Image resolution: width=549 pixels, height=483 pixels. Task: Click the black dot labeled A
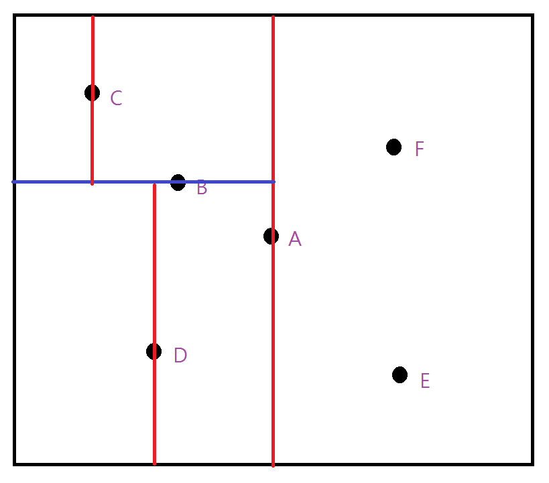[271, 236]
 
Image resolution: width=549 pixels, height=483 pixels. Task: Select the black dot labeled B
[178, 182]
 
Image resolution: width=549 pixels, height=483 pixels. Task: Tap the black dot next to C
[93, 92]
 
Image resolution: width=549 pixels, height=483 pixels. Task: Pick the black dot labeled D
[154, 351]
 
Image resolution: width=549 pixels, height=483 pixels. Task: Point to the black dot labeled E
[400, 374]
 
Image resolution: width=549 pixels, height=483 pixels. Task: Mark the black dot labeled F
[393, 147]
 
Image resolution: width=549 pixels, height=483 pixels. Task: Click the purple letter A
[295, 239]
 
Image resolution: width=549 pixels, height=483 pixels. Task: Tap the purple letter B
[202, 188]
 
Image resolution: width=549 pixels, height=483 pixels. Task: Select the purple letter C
[116, 99]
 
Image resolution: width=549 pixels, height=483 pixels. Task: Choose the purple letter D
[180, 356]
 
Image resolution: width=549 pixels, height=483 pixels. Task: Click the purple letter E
[424, 381]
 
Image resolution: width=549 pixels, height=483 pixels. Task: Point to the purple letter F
[419, 149]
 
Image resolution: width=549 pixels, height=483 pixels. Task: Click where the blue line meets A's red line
[273, 182]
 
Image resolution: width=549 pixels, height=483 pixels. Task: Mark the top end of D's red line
[154, 185]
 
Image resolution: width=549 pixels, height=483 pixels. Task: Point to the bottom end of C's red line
[93, 183]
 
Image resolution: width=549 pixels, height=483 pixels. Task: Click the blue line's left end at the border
[14, 182]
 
